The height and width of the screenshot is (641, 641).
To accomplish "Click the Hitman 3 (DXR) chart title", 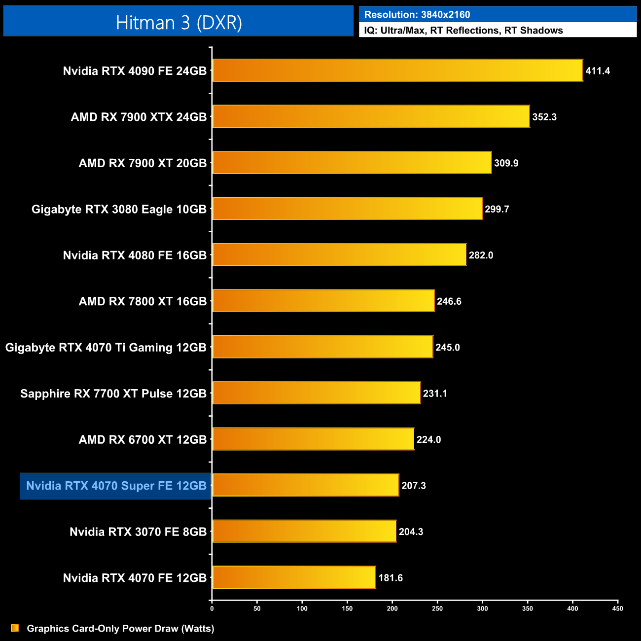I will pyautogui.click(x=178, y=23).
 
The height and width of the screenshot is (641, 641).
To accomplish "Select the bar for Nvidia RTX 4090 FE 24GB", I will pyautogui.click(x=397, y=71).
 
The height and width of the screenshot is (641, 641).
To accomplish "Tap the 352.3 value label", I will pyautogui.click(x=544, y=117).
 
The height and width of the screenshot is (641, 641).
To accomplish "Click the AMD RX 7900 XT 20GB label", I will pyautogui.click(x=142, y=163).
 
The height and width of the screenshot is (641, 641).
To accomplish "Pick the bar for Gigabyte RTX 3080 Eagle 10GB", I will pyautogui.click(x=347, y=209).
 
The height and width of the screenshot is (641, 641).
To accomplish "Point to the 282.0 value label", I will pyautogui.click(x=481, y=255).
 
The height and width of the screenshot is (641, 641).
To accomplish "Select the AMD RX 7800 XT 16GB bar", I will pyautogui.click(x=323, y=301).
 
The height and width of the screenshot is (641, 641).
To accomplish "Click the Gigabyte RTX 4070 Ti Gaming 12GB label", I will pyautogui.click(x=106, y=348).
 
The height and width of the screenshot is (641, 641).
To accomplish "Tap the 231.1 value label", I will pyautogui.click(x=435, y=393).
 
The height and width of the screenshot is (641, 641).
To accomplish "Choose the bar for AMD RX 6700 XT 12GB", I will pyautogui.click(x=313, y=439).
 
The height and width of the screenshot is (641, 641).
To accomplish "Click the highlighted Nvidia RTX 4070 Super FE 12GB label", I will pyautogui.click(x=116, y=486).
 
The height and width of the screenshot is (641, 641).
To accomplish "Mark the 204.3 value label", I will pyautogui.click(x=411, y=532).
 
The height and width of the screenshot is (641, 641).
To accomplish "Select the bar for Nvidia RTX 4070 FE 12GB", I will pyautogui.click(x=294, y=577).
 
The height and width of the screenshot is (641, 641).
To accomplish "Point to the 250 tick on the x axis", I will pyautogui.click(x=437, y=608).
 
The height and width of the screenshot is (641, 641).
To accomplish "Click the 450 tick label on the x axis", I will pyautogui.click(x=617, y=608).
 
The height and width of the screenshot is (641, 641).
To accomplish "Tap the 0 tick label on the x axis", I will pyautogui.click(x=212, y=608).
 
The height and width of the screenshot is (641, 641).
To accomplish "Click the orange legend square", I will pyautogui.click(x=15, y=628).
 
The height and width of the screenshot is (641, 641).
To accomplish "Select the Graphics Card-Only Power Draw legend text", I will pyautogui.click(x=120, y=629).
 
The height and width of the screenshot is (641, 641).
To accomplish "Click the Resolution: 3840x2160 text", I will pyautogui.click(x=417, y=15).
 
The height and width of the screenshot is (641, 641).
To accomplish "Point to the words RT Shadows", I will pyautogui.click(x=534, y=31).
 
